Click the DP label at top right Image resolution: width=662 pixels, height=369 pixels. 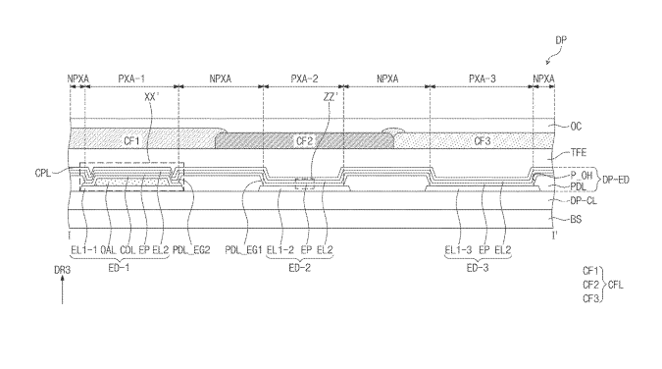(561, 40)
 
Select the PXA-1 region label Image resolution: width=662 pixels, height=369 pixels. (131, 79)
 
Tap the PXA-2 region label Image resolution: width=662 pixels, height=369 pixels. (304, 79)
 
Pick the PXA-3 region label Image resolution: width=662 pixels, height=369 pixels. (483, 79)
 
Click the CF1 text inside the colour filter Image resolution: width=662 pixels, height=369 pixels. (131, 140)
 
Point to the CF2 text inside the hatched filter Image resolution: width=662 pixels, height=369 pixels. (304, 140)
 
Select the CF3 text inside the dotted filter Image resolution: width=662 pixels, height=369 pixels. (483, 140)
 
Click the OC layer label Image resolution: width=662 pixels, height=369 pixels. (576, 127)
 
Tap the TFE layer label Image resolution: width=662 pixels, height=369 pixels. (579, 152)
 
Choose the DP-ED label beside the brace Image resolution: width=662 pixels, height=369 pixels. (616, 180)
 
